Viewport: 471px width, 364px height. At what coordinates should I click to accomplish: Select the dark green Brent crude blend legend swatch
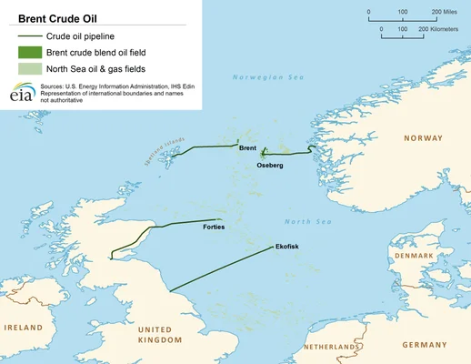(28, 54)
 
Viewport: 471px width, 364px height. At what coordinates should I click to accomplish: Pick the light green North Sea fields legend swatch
(28, 71)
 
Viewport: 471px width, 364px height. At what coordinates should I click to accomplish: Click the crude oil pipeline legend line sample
(28, 35)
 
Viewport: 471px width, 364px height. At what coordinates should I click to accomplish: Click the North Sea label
(303, 221)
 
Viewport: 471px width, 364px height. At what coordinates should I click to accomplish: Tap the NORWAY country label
(423, 139)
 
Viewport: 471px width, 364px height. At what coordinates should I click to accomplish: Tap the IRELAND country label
(23, 326)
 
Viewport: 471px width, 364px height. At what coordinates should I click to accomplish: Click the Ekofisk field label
(286, 247)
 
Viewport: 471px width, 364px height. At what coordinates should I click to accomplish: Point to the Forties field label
(214, 227)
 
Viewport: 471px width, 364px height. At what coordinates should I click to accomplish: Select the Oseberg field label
(270, 167)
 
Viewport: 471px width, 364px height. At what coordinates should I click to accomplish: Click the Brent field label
(248, 147)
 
